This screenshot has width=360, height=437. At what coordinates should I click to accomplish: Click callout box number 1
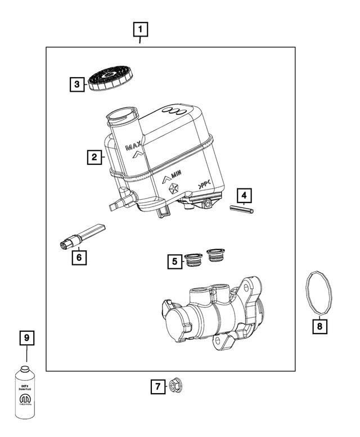140,28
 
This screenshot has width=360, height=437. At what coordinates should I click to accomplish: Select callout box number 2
94,157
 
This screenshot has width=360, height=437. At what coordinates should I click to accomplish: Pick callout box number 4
244,196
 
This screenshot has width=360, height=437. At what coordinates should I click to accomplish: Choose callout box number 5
175,261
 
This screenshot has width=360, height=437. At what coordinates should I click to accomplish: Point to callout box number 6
79,257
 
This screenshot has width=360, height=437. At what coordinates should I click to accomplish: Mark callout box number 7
158,386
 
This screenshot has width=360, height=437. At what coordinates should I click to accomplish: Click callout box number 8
319,326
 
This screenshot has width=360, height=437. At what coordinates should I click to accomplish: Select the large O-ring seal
319,292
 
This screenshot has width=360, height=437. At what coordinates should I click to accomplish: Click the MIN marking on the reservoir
180,178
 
